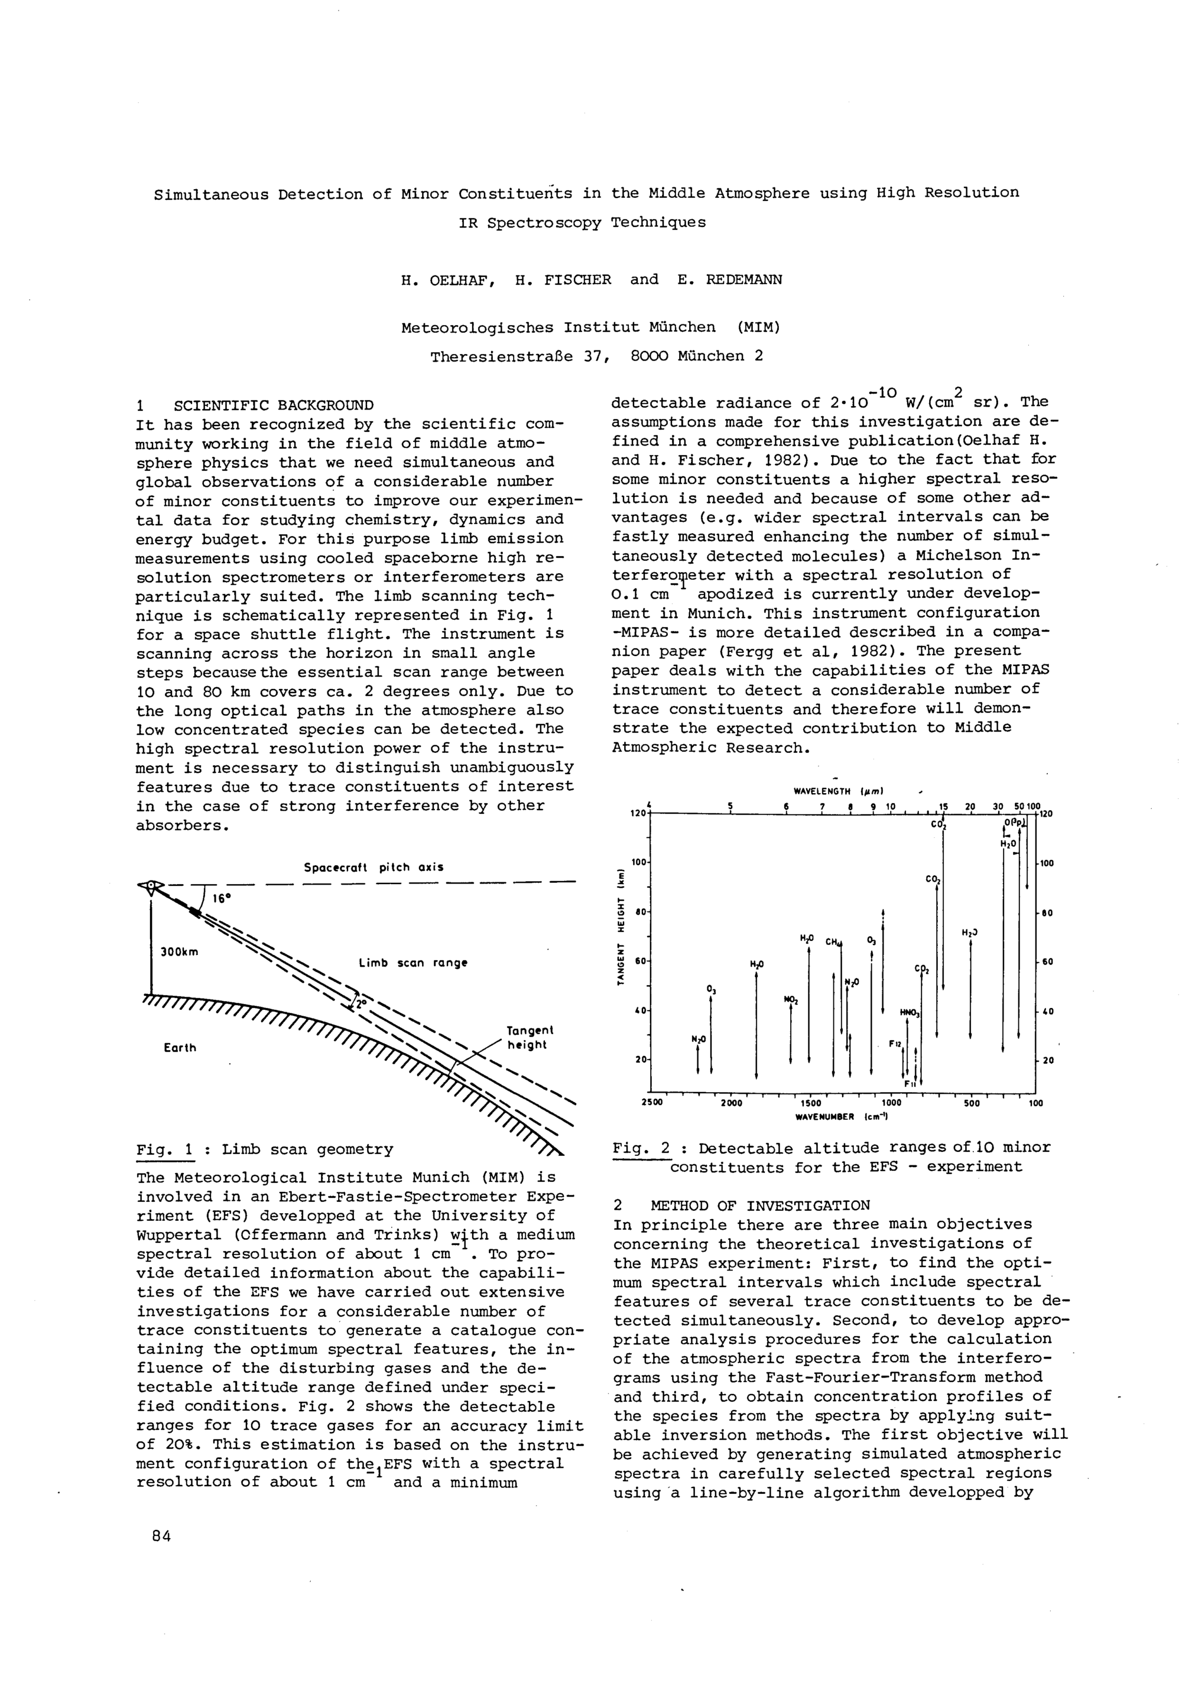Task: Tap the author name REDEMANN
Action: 743,280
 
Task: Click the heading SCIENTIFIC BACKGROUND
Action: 273,405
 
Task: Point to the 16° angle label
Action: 222,898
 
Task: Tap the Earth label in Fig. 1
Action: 180,1048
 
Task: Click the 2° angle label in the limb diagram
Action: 359,1005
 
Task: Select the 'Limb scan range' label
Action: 413,963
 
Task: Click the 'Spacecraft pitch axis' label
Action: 374,867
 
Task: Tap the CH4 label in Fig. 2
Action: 834,942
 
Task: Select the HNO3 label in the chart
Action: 910,1013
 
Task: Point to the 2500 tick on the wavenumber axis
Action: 652,1103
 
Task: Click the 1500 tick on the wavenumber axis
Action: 810,1103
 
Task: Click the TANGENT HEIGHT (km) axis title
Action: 621,927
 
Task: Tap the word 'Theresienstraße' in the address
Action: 520,357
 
